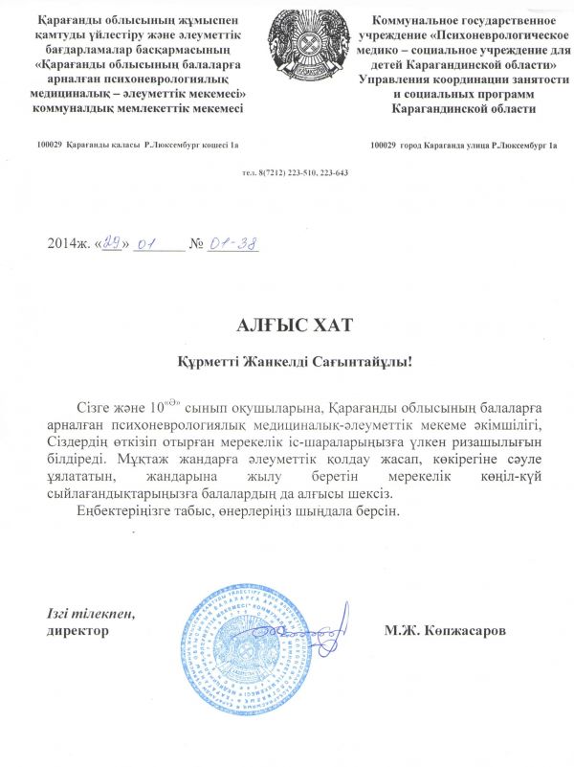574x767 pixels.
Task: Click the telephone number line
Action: [x=294, y=173]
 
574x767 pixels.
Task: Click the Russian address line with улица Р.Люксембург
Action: [x=463, y=145]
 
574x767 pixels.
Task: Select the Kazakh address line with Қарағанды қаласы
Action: [x=137, y=145]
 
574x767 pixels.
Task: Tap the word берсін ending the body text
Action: [x=369, y=511]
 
